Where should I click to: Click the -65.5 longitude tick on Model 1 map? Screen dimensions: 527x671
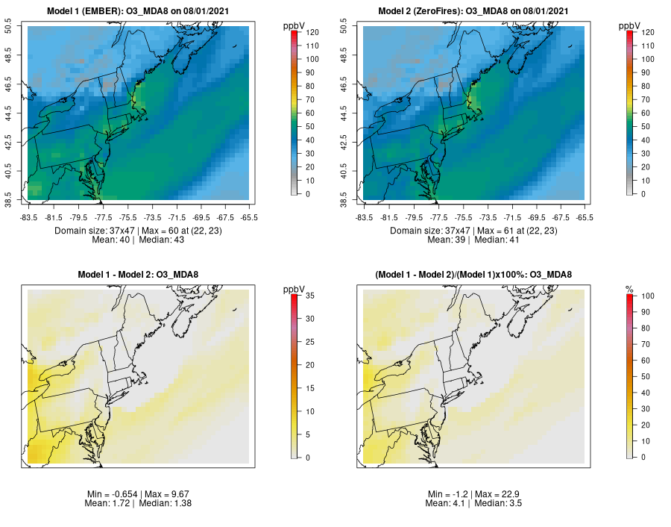250,218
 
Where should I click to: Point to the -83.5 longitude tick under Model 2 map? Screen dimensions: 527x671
364,218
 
